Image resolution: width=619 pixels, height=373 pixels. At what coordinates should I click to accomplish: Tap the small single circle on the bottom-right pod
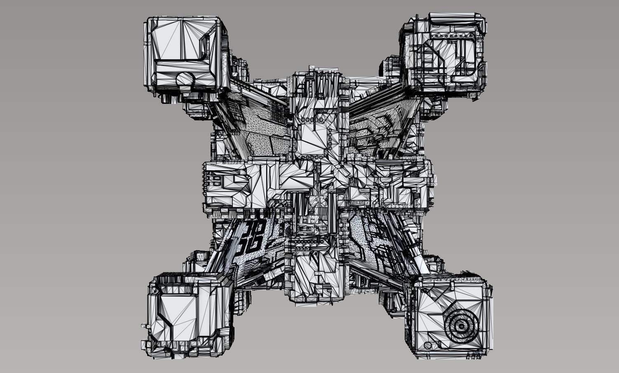tap(429, 345)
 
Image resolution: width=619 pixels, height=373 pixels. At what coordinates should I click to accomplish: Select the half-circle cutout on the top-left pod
tap(186, 79)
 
